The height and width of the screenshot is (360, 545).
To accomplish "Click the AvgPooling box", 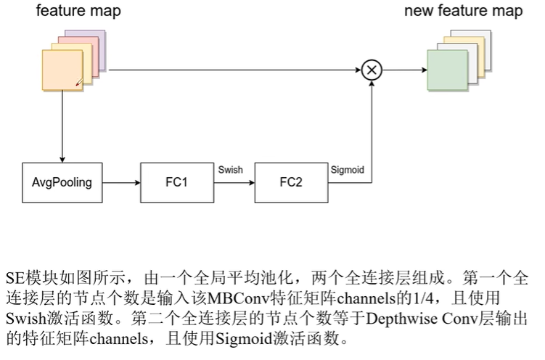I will point(62,182).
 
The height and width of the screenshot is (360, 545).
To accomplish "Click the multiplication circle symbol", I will point(372,70).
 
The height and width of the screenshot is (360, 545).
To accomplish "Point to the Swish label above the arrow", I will point(230,169).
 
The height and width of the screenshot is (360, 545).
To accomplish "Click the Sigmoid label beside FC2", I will point(347,169).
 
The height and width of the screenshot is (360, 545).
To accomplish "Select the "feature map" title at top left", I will point(78,11).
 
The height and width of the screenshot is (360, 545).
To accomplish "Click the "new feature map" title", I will point(463,11).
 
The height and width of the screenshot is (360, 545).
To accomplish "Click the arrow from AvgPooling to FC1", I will point(120,182).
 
